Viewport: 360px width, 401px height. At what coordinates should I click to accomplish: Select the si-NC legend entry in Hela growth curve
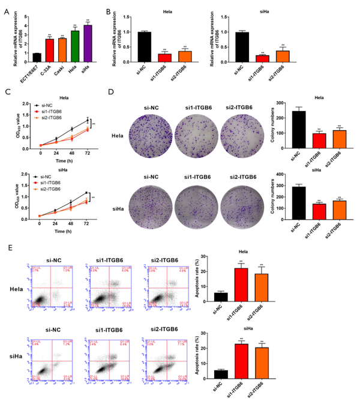44,104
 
